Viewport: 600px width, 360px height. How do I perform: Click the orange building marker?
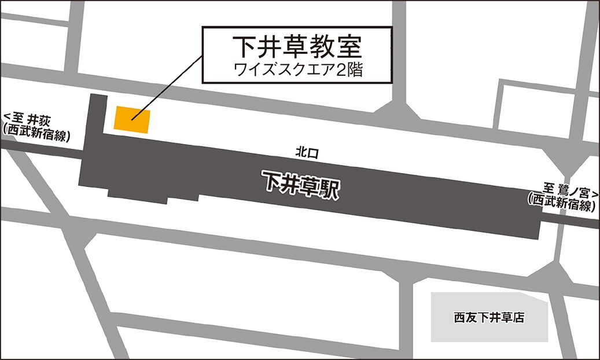[132, 120]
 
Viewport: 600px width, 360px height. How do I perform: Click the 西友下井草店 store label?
[489, 317]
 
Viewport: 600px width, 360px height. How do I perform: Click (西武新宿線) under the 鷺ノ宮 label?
[561, 200]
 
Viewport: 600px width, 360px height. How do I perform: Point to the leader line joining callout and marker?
[168, 87]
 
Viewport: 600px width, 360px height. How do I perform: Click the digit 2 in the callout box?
[344, 70]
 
